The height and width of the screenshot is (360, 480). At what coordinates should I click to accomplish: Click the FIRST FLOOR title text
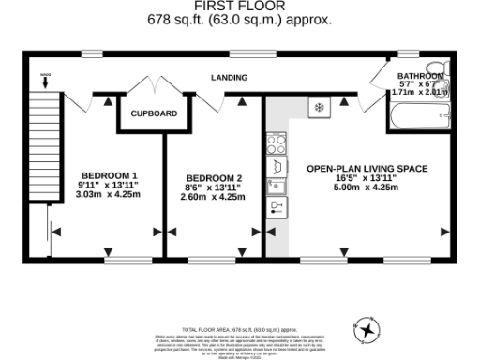[x=239, y=6]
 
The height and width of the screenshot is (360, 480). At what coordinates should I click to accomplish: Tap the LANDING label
[x=229, y=78]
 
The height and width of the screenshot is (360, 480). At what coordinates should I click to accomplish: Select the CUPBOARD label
[x=154, y=113]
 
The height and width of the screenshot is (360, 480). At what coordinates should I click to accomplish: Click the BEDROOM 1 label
[x=109, y=175]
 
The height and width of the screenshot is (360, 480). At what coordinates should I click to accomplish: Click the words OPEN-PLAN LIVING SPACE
[x=367, y=169]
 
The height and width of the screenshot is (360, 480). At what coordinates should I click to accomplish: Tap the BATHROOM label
[x=420, y=75]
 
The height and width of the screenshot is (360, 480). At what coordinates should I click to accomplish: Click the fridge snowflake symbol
[x=319, y=108]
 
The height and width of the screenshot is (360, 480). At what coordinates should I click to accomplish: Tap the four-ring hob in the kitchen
[x=277, y=143]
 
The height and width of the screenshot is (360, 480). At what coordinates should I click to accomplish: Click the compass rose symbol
[x=367, y=329]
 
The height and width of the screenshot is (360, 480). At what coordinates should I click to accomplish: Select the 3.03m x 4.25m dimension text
[x=109, y=195]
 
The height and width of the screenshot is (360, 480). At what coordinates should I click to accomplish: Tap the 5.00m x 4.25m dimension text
[x=367, y=187]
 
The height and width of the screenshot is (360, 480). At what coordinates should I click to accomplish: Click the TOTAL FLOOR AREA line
[x=239, y=331]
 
